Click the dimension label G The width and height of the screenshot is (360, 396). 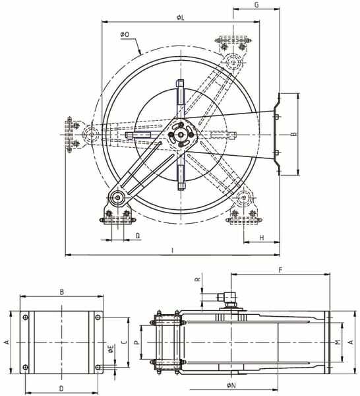[256, 5]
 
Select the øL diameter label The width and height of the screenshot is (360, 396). [181, 17]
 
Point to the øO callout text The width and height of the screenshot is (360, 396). [125, 34]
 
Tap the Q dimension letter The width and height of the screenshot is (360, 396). [138, 236]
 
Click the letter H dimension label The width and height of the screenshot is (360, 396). [262, 238]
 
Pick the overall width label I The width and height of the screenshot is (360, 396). [173, 251]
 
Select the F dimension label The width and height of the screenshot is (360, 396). [280, 270]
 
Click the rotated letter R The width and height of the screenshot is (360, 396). [198, 279]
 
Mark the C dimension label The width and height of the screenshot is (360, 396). [124, 343]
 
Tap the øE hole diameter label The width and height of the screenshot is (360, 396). [111, 349]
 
